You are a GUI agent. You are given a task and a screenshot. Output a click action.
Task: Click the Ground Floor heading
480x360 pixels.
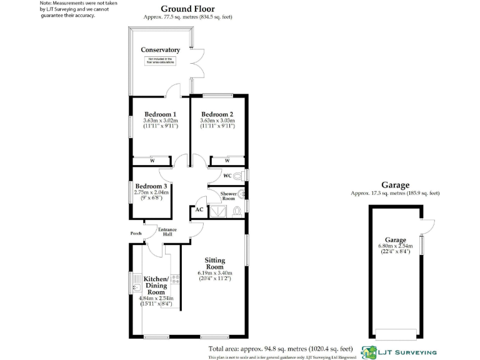click(x=187, y=9)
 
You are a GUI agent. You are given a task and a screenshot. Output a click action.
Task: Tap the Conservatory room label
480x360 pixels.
click(x=160, y=50)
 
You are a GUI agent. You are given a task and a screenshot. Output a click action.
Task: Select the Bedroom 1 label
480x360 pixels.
click(x=160, y=114)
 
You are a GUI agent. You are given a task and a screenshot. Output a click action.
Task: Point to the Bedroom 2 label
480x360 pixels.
click(x=217, y=114)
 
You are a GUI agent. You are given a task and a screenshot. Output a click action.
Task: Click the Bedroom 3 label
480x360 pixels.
click(x=151, y=186)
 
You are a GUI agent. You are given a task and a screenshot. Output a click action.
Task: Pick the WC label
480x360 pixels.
click(x=227, y=176)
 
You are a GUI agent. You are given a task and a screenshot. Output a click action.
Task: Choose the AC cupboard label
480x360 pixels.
click(x=199, y=209)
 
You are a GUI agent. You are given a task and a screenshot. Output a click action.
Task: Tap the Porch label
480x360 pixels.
click(x=136, y=234)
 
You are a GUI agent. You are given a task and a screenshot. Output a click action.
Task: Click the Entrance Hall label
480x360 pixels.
click(x=167, y=232)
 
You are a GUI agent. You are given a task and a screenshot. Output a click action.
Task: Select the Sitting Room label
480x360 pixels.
click(x=215, y=263)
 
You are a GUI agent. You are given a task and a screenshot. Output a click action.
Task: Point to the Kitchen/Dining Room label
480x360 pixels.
click(x=156, y=286)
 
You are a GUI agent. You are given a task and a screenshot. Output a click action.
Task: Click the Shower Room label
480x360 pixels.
click(x=227, y=196)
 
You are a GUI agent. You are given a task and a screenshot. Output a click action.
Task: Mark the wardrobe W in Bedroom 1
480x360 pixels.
click(x=152, y=161)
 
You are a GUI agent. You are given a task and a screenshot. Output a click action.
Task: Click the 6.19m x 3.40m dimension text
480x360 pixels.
click(x=215, y=273)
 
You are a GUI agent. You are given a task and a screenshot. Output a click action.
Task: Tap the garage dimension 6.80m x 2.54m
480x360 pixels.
click(x=396, y=246)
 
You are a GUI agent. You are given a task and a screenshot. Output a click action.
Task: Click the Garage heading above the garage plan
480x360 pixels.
click(x=396, y=185)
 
